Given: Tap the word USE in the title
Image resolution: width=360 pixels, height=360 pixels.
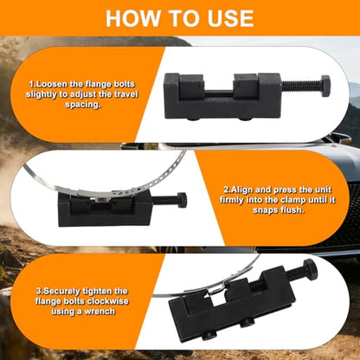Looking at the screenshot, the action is [229, 18].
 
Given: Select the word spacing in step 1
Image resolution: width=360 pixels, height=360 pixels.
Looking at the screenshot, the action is [83, 105].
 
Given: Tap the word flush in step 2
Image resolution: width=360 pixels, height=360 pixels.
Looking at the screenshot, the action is [292, 210].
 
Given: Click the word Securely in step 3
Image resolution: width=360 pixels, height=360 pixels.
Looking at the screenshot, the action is [61, 292].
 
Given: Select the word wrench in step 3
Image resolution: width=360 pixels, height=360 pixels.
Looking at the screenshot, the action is [99, 312].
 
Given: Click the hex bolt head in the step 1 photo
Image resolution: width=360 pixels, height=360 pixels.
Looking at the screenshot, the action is [325, 86].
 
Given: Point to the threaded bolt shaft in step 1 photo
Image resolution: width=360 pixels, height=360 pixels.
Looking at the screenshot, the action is [300, 87].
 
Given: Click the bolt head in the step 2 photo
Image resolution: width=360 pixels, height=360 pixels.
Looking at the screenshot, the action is [182, 200].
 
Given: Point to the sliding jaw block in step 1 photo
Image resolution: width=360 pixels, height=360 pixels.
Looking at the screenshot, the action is [245, 87].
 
